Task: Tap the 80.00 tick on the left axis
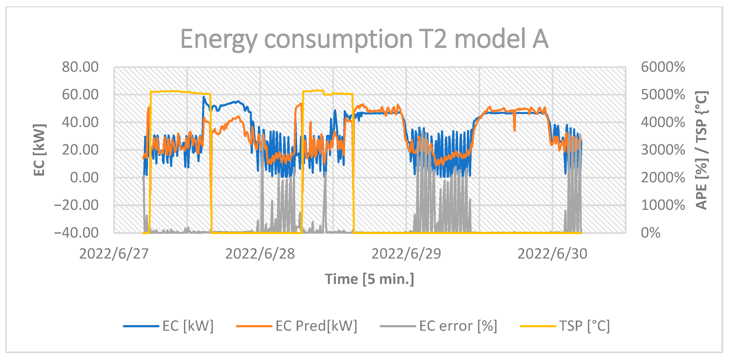80,67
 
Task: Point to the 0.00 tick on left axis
84,178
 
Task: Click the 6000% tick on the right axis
663,67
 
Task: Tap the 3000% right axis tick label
663,150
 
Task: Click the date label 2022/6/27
114,254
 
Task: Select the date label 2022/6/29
406,254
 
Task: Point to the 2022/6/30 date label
552,254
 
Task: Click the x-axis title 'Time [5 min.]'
369,279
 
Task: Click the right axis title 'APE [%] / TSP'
701,150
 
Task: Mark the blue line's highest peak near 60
203,97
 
